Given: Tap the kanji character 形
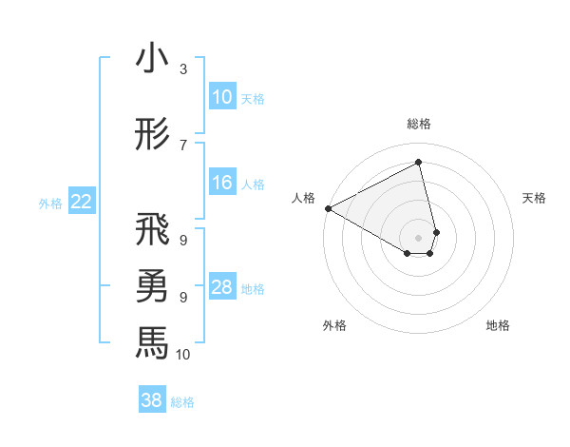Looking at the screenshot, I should click(152, 134).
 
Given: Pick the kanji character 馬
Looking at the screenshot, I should click(152, 342).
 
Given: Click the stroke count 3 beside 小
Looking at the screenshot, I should click(183, 69).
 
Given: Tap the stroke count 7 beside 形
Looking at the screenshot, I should click(183, 145).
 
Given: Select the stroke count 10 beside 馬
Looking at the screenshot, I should click(183, 354).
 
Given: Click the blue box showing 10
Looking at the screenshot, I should click(221, 97).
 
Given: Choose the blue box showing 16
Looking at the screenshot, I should click(221, 183).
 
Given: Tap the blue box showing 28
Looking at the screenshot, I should click(221, 287).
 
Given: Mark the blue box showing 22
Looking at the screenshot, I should click(82, 202).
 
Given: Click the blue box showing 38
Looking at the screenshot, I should click(151, 400).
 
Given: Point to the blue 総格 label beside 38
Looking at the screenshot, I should click(182, 402).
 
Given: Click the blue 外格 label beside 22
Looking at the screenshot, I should click(50, 203).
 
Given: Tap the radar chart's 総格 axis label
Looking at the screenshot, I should click(418, 124).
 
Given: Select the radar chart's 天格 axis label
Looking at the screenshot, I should click(534, 198).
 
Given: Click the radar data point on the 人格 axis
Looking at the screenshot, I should click(328, 208).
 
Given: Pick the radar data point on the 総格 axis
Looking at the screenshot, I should click(418, 163).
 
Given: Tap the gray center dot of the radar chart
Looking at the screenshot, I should click(418, 236).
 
